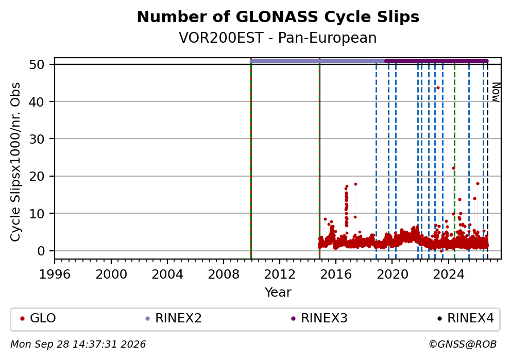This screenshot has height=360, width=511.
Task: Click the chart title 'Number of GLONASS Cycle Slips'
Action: (x=278, y=17)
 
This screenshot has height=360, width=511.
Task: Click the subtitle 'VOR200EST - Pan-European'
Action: (x=278, y=38)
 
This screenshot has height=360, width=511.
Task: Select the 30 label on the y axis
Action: (x=37, y=139)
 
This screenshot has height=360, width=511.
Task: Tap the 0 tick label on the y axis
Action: (x=41, y=251)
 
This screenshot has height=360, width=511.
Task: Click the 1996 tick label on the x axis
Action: (x=55, y=275)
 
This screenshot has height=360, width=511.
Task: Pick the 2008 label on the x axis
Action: (x=224, y=275)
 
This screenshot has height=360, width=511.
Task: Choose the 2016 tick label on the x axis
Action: (x=336, y=275)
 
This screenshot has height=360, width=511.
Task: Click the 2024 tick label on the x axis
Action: (x=449, y=275)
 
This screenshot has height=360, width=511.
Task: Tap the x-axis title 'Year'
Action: (x=278, y=292)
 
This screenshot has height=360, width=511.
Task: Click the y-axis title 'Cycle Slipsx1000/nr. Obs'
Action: (x=15, y=162)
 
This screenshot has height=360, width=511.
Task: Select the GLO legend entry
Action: (x=38, y=318)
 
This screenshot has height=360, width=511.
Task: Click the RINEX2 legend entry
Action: (x=174, y=318)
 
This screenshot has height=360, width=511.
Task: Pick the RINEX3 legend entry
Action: (x=319, y=318)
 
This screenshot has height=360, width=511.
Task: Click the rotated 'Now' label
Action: (x=496, y=92)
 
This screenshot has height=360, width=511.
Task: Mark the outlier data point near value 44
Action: (x=438, y=88)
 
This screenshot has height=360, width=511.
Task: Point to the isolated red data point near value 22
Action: (x=453, y=168)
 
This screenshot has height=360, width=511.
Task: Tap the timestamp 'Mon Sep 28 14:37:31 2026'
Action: (x=78, y=345)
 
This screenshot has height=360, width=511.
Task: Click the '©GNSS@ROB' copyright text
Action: (x=463, y=345)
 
